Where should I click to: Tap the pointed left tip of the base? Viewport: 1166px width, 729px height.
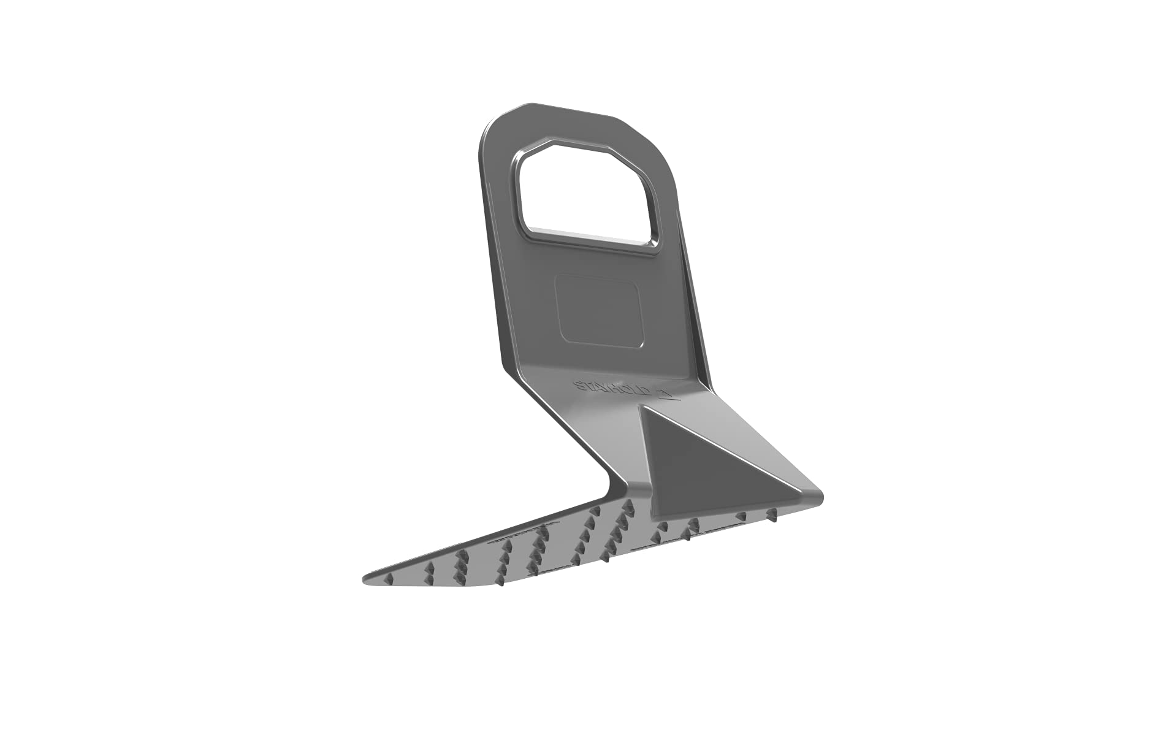pos(366,578)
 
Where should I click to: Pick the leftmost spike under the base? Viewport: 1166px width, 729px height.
pos(388,579)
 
